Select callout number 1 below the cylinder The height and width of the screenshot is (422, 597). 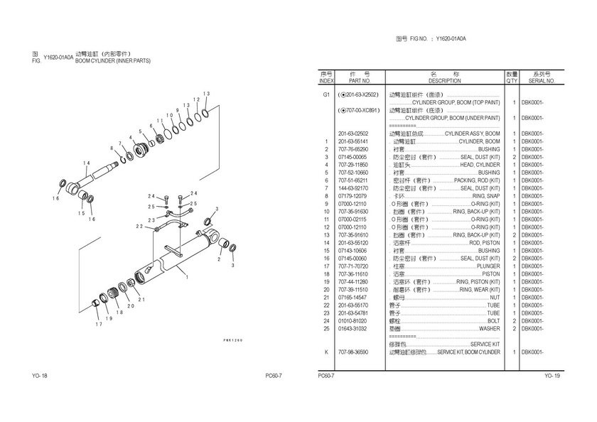click(x=187, y=279)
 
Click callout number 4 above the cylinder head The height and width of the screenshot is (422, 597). click(x=131, y=137)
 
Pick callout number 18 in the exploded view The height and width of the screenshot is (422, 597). click(x=120, y=313)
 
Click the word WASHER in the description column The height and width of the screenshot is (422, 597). click(x=489, y=329)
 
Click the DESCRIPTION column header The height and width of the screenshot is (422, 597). click(x=444, y=81)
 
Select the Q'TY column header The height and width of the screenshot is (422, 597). click(x=511, y=81)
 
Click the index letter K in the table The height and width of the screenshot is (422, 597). click(x=326, y=352)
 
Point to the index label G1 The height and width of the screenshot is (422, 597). click(x=326, y=94)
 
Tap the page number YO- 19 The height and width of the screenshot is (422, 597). click(x=552, y=376)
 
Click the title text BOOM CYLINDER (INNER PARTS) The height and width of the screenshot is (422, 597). click(x=113, y=61)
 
